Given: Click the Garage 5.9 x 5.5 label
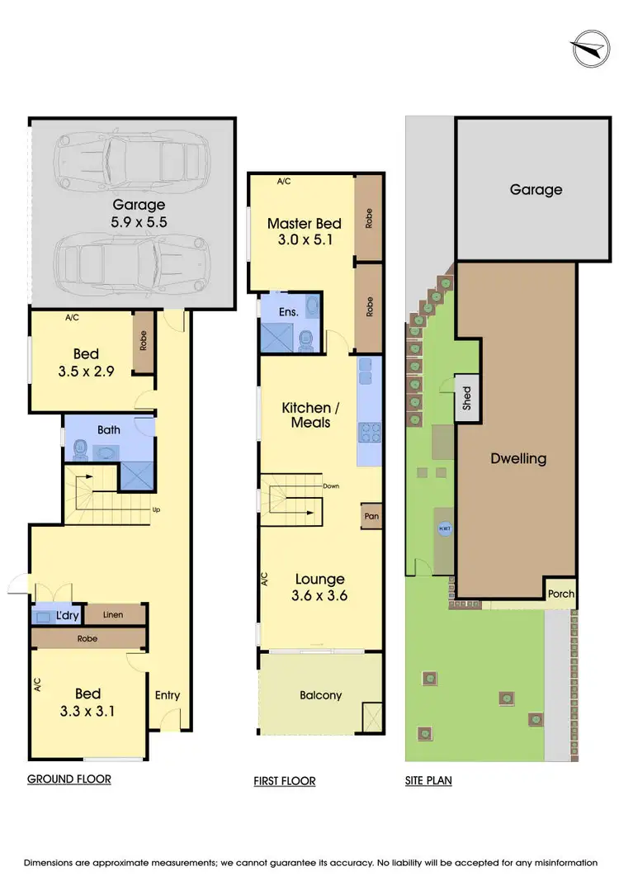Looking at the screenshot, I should click(x=139, y=212).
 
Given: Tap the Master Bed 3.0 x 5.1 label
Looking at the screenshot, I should click(x=300, y=232).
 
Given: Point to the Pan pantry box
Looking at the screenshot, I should click(x=371, y=516).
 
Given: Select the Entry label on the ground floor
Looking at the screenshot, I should click(x=168, y=695).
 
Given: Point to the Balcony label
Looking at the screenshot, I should click(x=320, y=695).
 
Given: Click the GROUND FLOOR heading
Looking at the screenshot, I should click(x=69, y=779).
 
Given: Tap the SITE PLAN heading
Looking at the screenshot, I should click(x=428, y=780).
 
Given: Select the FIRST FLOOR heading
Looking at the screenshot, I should click(x=285, y=780).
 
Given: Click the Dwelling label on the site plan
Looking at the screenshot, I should click(x=517, y=459).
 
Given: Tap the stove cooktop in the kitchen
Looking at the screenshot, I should click(x=366, y=431).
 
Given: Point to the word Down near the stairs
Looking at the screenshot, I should click(x=332, y=486).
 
